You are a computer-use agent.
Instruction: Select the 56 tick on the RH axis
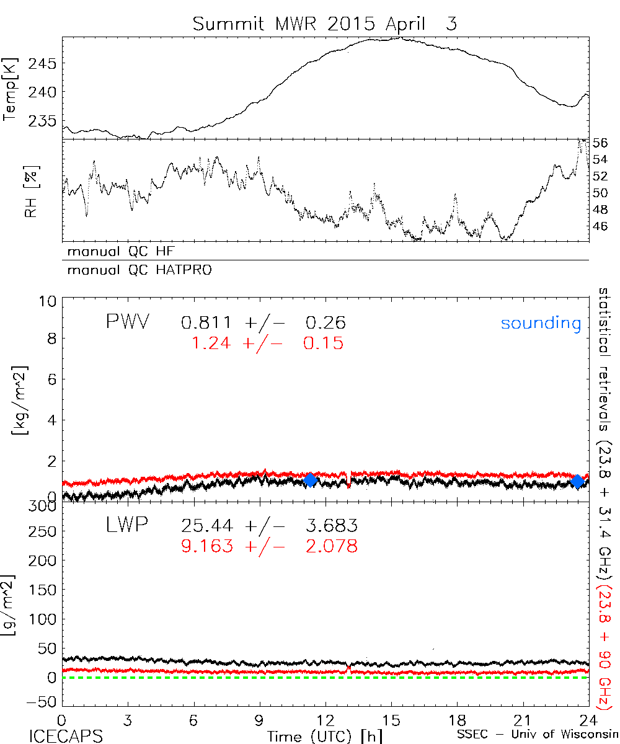click(x=601, y=143)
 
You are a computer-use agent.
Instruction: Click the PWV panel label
click(x=127, y=322)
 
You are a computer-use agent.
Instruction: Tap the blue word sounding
click(x=541, y=323)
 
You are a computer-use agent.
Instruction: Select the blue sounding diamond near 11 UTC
click(x=311, y=480)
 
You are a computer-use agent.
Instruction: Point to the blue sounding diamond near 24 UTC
click(x=578, y=481)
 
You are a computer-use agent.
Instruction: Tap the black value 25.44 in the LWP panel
click(x=208, y=526)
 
